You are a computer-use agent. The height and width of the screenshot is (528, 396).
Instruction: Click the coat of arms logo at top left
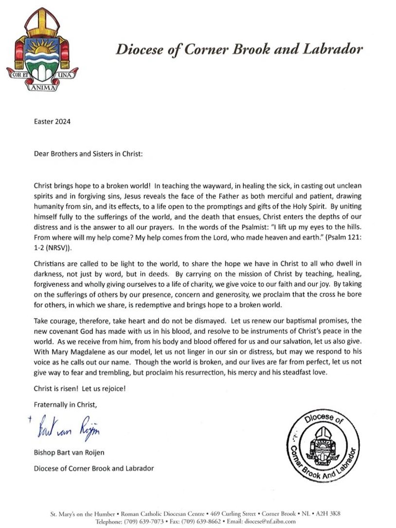pyautogui.click(x=42, y=49)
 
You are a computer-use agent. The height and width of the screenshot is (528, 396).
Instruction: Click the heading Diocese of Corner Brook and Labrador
pyautogui.click(x=238, y=49)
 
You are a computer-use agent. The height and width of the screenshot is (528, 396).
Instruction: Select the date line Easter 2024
pyautogui.click(x=52, y=122)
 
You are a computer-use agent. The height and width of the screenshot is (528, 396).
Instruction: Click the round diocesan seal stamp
pyautogui.click(x=323, y=445)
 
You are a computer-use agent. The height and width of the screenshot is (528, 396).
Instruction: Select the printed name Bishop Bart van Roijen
pyautogui.click(x=69, y=453)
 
